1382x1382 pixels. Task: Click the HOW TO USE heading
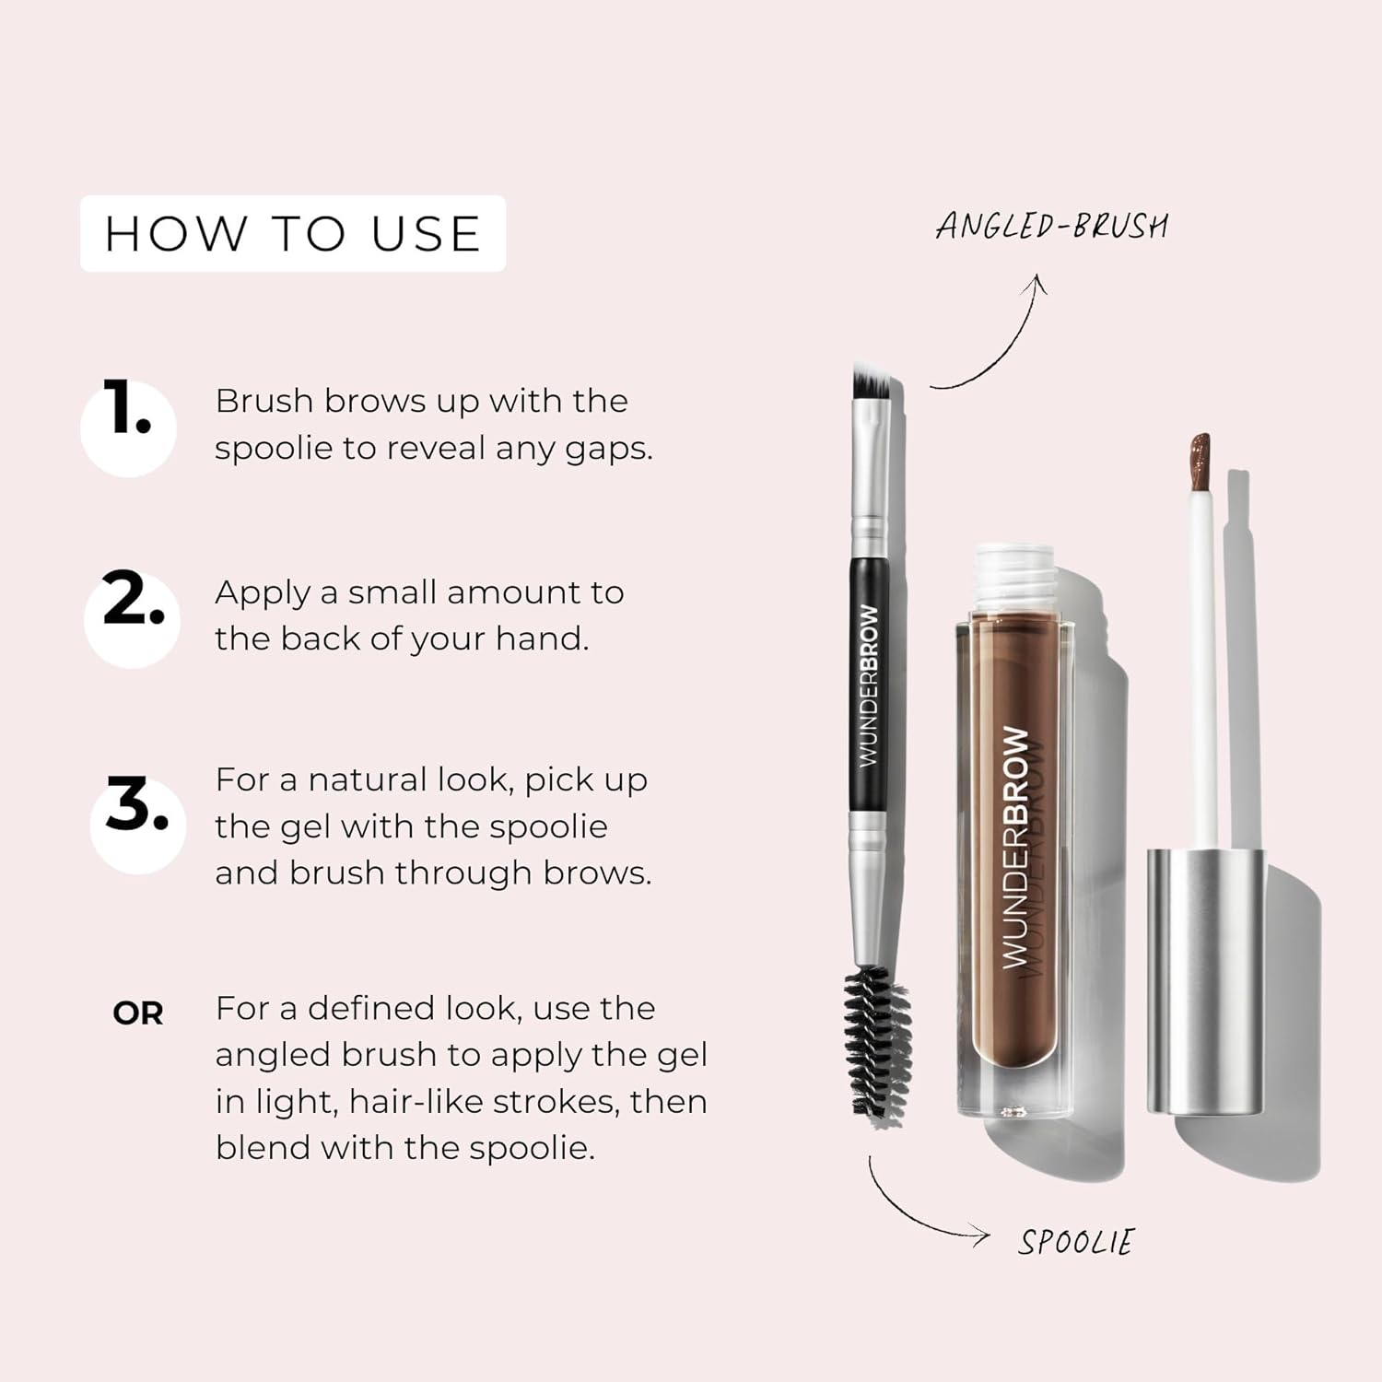click(293, 233)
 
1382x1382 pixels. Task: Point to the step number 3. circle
click(137, 825)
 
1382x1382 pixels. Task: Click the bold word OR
click(138, 1013)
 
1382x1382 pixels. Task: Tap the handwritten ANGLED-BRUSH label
click(1052, 227)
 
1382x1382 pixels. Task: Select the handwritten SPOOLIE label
click(1076, 1242)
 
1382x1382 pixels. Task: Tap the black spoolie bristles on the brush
click(877, 1041)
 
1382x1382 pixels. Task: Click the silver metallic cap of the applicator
click(1205, 981)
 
